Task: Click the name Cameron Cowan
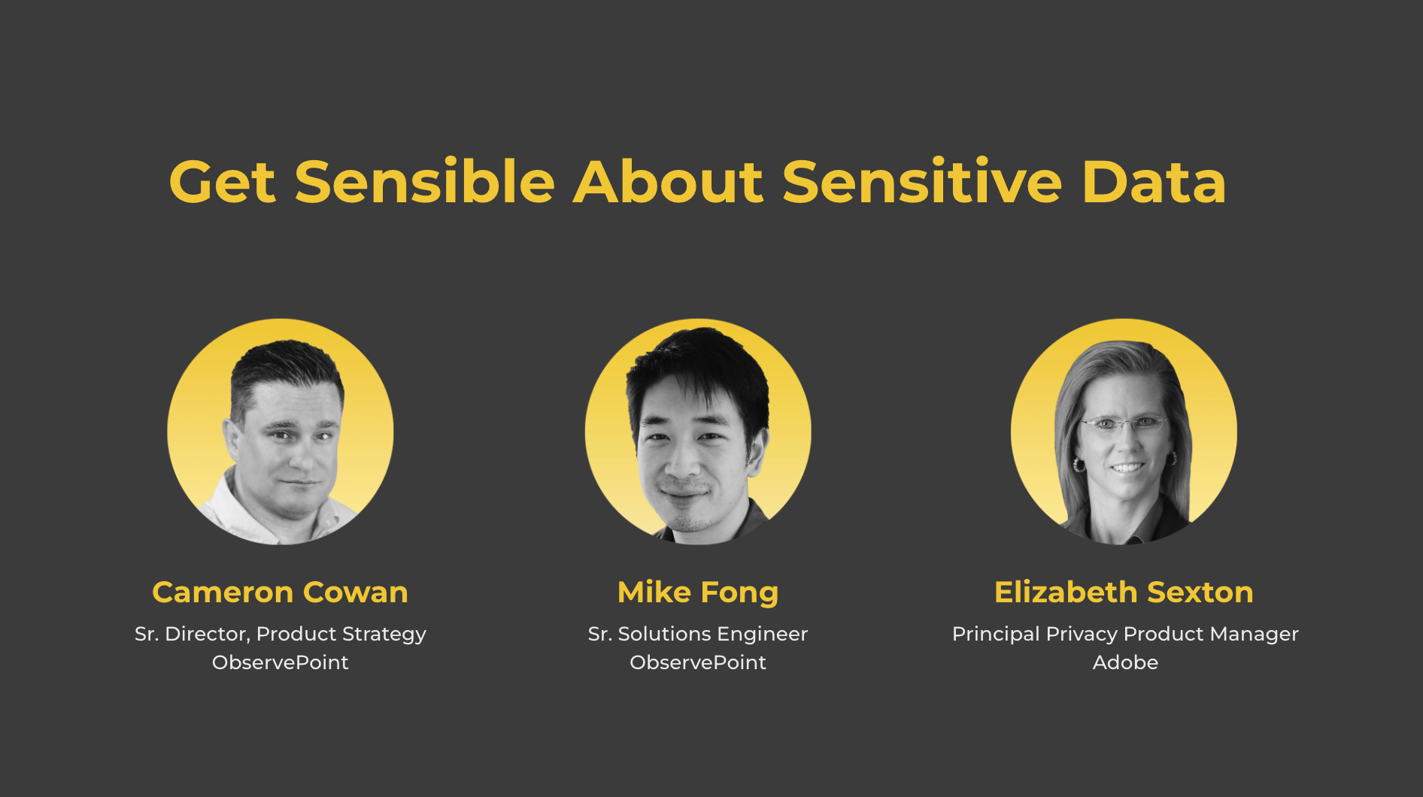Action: (281, 592)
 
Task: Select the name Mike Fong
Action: (698, 593)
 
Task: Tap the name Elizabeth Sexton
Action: (1124, 592)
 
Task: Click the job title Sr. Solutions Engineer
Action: (698, 635)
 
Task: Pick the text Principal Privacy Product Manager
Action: (1126, 635)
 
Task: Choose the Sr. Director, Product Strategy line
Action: (281, 635)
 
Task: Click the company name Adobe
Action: (1126, 662)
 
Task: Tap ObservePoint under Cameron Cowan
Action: (281, 662)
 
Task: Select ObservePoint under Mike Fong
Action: (698, 662)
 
